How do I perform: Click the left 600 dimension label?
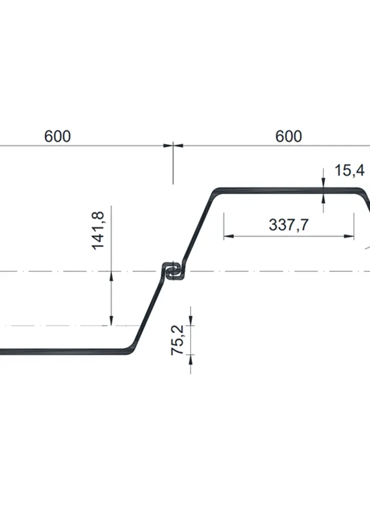pyautogui.click(x=58, y=137)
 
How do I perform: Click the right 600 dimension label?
pyautogui.click(x=288, y=137)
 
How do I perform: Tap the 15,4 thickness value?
pyautogui.click(x=349, y=170)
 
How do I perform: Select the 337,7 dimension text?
pyautogui.click(x=288, y=225)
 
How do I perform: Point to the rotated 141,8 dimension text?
pyautogui.click(x=98, y=231)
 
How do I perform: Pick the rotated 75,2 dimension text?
pyautogui.click(x=178, y=339)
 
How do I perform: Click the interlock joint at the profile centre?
pyautogui.click(x=173, y=271)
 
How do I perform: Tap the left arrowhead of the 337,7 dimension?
pyautogui.click(x=229, y=236)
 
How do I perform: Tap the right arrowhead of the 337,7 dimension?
pyautogui.click(x=349, y=236)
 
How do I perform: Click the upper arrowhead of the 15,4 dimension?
pyautogui.click(x=324, y=183)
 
